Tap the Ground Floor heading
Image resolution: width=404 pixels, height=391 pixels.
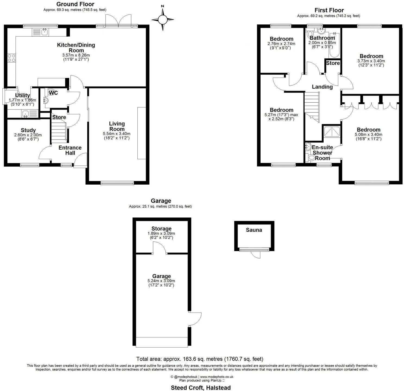[x=75, y=4]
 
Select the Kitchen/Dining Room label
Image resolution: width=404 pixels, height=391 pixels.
[x=76, y=48]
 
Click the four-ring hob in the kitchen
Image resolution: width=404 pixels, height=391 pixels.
[x=12, y=58]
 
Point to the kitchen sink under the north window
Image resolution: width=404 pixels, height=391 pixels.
[x=40, y=32]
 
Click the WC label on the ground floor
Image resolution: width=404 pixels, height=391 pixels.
[x=53, y=93]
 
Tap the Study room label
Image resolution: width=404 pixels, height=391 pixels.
[x=28, y=130]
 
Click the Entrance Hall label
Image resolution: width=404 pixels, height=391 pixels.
[x=70, y=150]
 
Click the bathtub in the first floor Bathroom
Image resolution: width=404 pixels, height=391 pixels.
[x=334, y=45]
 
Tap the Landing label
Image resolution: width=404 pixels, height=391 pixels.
[x=322, y=87]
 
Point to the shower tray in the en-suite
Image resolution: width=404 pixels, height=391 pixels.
[x=332, y=132]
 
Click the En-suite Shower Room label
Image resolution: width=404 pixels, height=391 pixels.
[x=322, y=153]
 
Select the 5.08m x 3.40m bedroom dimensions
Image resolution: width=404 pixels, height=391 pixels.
[x=368, y=136]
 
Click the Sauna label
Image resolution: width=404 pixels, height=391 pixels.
[x=254, y=230]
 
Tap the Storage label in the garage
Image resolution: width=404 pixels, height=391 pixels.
[x=161, y=229]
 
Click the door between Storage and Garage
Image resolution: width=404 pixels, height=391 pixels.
[x=159, y=248]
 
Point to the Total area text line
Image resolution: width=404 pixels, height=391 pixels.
[x=200, y=359]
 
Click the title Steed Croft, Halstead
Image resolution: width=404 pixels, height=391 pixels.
[x=201, y=388]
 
